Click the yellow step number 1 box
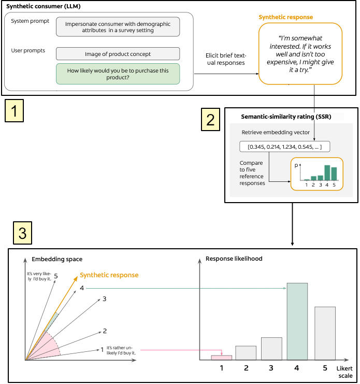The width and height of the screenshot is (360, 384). tap(14, 111)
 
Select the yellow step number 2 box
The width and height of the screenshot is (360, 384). tap(210, 120)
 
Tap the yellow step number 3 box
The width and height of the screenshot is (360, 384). tap(22, 233)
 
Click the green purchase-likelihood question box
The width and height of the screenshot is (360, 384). tap(118, 74)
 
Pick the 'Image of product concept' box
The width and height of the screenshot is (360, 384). tap(118, 54)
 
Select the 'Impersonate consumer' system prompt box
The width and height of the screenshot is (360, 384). tap(118, 27)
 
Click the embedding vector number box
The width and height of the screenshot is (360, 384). tap(284, 147)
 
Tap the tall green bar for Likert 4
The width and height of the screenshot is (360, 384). tap(297, 321)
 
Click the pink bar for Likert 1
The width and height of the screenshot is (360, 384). tap(222, 358)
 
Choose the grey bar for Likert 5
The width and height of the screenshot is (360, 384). tap(325, 333)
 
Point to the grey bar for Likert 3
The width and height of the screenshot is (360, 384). tap(271, 349)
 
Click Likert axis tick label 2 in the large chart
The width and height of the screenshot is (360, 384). tap(246, 368)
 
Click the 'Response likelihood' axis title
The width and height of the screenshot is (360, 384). tap(234, 259)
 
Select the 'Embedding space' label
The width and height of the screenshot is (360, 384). tap(57, 259)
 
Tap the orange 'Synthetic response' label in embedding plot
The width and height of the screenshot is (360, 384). tap(109, 275)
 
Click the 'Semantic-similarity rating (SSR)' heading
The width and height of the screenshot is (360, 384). tap(286, 117)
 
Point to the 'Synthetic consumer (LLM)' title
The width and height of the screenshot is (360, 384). tap(44, 6)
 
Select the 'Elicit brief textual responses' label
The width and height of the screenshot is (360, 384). tap(226, 59)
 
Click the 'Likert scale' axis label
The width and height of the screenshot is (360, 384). tap(345, 372)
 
